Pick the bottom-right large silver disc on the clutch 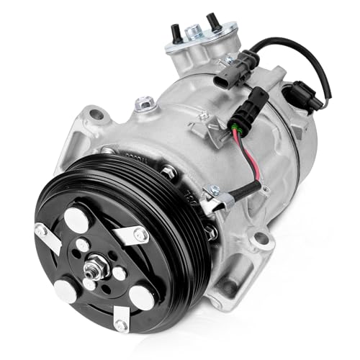(141, 296)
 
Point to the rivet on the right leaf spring (142, 235)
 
